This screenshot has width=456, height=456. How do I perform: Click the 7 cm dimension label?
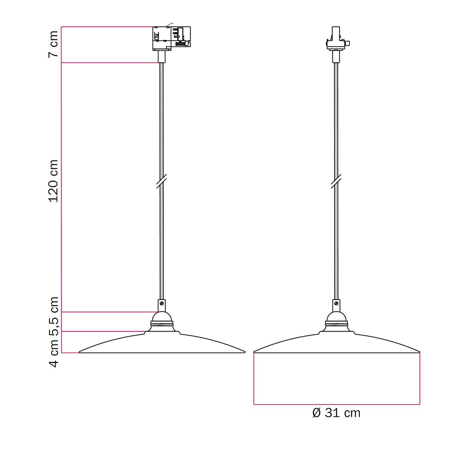(x=53, y=44)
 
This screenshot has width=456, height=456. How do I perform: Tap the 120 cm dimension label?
(x=53, y=181)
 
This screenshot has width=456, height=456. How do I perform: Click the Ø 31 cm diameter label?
(x=336, y=413)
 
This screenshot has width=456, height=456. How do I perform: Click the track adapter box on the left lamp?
(x=171, y=38)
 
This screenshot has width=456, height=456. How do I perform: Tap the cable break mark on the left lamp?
(x=161, y=181)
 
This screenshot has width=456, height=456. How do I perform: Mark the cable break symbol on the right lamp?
(x=336, y=181)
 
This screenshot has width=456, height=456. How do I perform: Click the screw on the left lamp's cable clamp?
(x=162, y=303)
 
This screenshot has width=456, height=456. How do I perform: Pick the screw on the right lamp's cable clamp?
(x=336, y=303)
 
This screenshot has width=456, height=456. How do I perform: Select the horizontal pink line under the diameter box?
(x=337, y=404)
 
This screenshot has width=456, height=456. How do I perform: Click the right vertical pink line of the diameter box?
(x=420, y=378)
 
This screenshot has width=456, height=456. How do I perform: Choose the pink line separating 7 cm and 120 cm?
(x=109, y=63)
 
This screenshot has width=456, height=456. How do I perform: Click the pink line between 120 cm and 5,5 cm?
(x=109, y=312)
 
